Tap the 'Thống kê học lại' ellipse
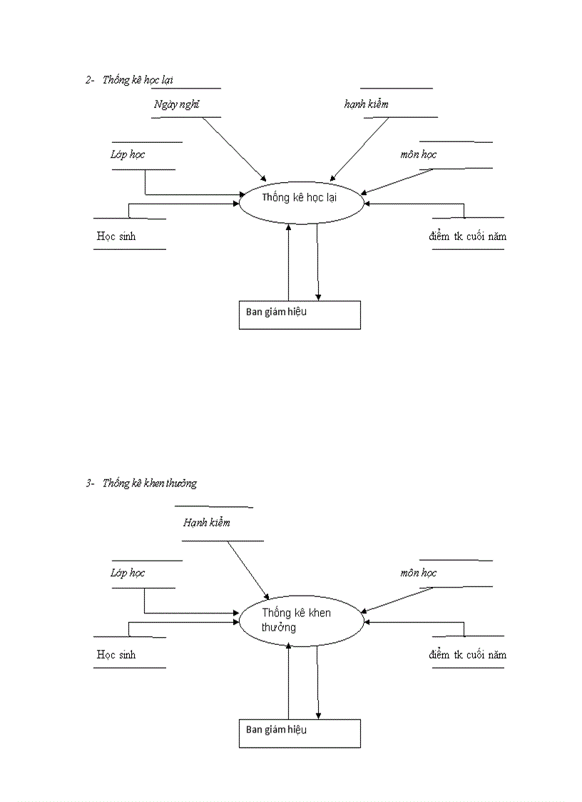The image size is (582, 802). point(301,199)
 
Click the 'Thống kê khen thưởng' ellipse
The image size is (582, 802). point(301,620)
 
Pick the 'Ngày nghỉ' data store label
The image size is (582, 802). point(176,105)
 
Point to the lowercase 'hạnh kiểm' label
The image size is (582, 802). point(367,104)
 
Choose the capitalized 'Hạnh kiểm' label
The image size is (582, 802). point(206,523)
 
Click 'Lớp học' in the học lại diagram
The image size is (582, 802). point(128,154)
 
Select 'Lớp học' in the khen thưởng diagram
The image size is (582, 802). point(128,573)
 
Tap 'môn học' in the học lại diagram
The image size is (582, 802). point(419,154)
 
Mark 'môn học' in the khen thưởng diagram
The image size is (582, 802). point(419,573)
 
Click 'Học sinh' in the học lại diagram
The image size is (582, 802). point(116,236)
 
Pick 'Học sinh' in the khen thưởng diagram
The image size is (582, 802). point(116,655)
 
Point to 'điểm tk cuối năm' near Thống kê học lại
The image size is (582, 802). point(468,236)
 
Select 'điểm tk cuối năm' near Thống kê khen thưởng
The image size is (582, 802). point(468,655)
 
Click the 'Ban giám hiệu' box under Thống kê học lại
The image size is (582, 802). point(300,315)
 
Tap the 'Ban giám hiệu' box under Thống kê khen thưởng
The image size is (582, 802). point(300,733)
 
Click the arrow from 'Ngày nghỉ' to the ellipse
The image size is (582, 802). point(234,148)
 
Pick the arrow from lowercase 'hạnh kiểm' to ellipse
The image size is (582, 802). point(359,148)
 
